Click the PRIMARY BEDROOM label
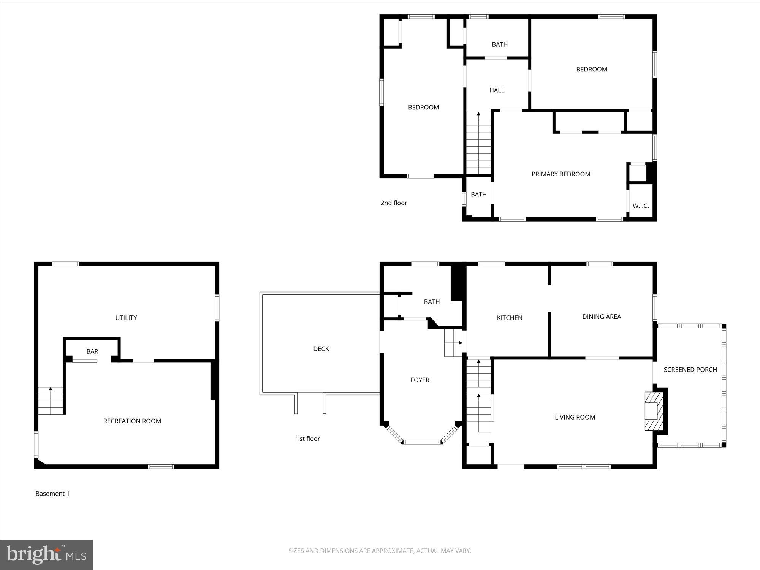(x=560, y=174)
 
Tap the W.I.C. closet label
(x=640, y=206)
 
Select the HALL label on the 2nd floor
(x=497, y=90)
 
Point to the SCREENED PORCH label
(x=690, y=370)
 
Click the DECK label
(x=321, y=349)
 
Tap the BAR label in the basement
(x=92, y=351)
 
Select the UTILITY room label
(x=126, y=318)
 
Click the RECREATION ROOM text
(x=132, y=421)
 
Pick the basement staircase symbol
(x=51, y=401)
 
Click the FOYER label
(x=420, y=380)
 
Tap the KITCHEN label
(x=510, y=318)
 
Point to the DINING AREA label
(x=602, y=317)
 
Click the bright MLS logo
(x=46, y=554)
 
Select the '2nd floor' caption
(x=394, y=203)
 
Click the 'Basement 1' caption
(x=52, y=494)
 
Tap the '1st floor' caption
(x=308, y=439)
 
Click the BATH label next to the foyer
(x=432, y=302)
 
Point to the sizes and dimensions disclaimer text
(x=380, y=551)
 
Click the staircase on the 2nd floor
(x=478, y=143)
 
